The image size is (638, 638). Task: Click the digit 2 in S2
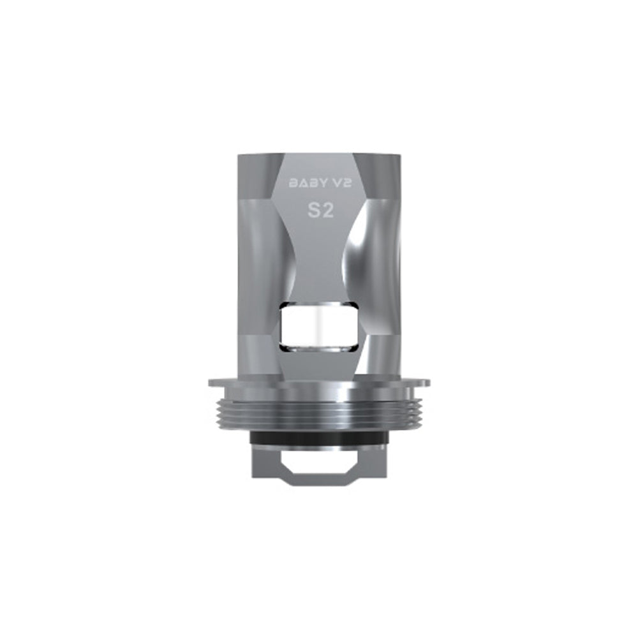pyautogui.click(x=327, y=212)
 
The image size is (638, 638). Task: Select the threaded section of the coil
pyautogui.click(x=319, y=412)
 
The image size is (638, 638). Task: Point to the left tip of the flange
pyautogui.click(x=211, y=383)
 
